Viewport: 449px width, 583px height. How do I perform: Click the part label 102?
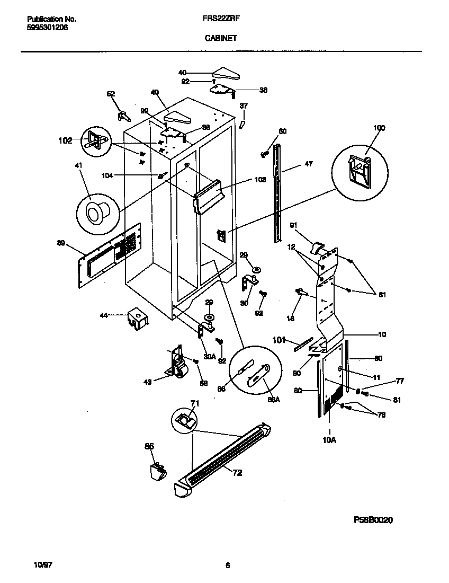click(x=65, y=141)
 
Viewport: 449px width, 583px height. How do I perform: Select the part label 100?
click(x=379, y=128)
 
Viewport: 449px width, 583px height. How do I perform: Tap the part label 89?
click(x=61, y=243)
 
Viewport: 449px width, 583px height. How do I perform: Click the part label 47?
click(x=308, y=164)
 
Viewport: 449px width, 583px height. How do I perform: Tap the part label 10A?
click(x=329, y=440)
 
